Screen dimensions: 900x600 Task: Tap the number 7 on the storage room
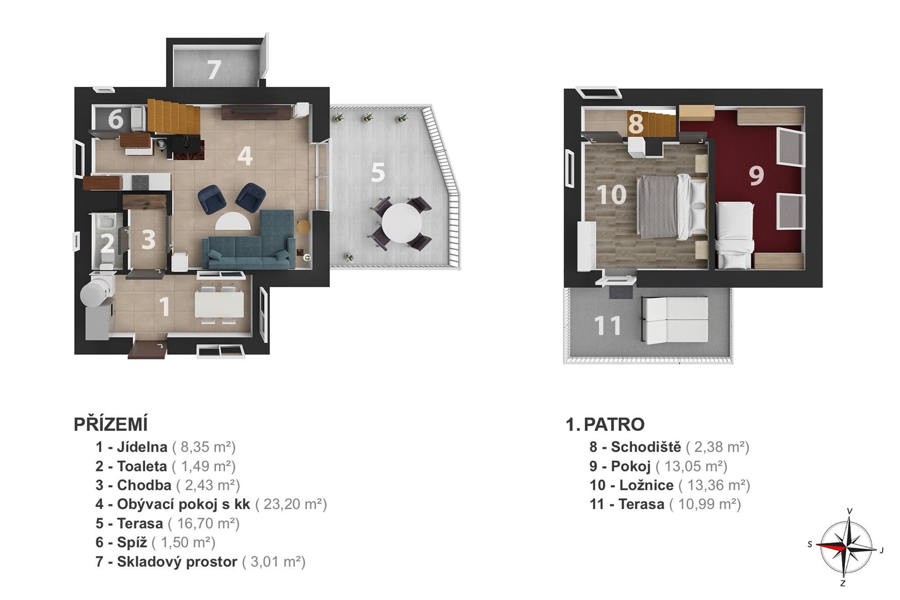pyautogui.click(x=214, y=70)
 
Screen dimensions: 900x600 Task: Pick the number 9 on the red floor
pyautogui.click(x=756, y=175)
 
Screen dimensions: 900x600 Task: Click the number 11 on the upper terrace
pyautogui.click(x=607, y=326)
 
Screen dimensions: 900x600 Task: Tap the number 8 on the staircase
pyautogui.click(x=636, y=124)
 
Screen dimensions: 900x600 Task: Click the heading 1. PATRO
pyautogui.click(x=605, y=424)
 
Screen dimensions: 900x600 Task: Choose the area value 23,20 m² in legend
pyautogui.click(x=291, y=504)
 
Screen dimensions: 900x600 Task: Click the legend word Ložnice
pyautogui.click(x=646, y=485)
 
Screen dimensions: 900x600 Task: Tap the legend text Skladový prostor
pyautogui.click(x=177, y=562)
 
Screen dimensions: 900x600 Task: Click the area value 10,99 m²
pyautogui.click(x=705, y=504)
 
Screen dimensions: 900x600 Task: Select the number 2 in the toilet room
pyautogui.click(x=107, y=243)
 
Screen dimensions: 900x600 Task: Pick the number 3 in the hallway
pyautogui.click(x=148, y=239)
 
